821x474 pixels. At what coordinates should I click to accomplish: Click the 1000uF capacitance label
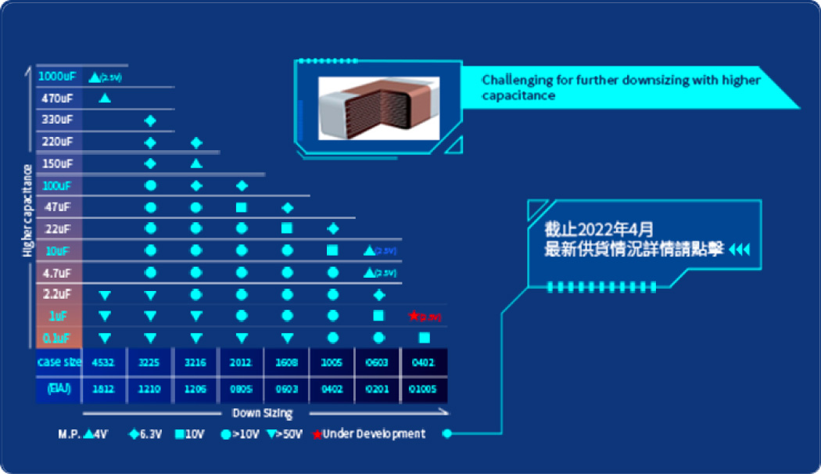[x=56, y=77]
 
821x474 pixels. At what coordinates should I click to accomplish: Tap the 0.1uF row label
[x=56, y=338]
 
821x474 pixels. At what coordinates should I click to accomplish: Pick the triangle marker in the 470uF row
[x=104, y=99]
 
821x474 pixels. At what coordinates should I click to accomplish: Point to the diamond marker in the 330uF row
[x=151, y=120]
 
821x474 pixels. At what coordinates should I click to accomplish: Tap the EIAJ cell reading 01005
[x=423, y=389]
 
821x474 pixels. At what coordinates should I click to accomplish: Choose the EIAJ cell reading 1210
[x=151, y=389]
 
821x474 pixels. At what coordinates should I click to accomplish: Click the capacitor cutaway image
[x=378, y=107]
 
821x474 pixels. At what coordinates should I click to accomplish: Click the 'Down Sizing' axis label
[x=263, y=413]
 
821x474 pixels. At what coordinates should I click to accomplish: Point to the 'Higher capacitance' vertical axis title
[x=28, y=210]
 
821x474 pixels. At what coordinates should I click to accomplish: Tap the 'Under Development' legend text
[x=374, y=434]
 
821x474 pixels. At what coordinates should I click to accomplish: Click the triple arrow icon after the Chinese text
[x=739, y=250]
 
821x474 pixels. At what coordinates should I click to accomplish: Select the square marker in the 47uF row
[x=242, y=207]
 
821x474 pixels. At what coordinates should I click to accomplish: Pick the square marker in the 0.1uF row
[x=424, y=338]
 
